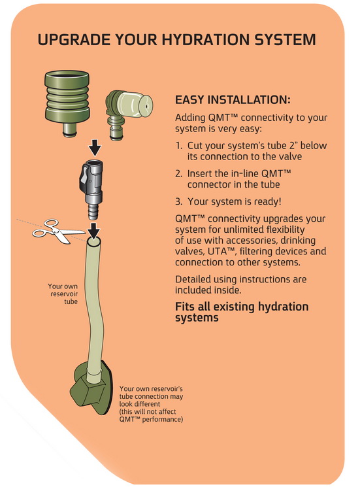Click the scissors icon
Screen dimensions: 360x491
tap(58, 231)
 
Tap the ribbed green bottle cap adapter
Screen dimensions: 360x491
tap(67, 103)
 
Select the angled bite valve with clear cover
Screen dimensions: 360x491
tap(129, 114)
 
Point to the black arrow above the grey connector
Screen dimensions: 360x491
tap(94, 148)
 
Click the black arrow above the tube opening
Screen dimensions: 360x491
tap(93, 230)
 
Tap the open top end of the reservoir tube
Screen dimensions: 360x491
tap(94, 242)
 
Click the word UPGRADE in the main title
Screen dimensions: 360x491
tap(74, 40)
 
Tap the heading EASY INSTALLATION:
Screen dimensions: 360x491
tap(233, 100)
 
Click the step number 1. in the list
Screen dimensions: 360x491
tap(179, 146)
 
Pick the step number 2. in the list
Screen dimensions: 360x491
tap(179, 173)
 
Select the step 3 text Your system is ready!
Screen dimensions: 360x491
tap(234, 201)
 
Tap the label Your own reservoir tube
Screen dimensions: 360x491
tap(63, 294)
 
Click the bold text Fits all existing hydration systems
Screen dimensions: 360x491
tap(242, 312)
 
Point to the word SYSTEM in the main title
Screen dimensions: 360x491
tap(285, 40)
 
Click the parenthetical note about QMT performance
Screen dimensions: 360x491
tap(151, 415)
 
